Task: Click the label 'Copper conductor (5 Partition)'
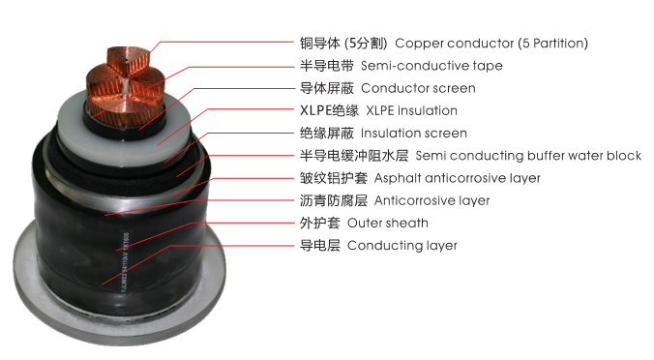[x=491, y=44]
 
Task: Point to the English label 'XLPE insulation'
[x=411, y=110]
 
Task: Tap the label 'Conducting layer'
[x=401, y=245]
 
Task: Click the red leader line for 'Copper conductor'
[x=223, y=44]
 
